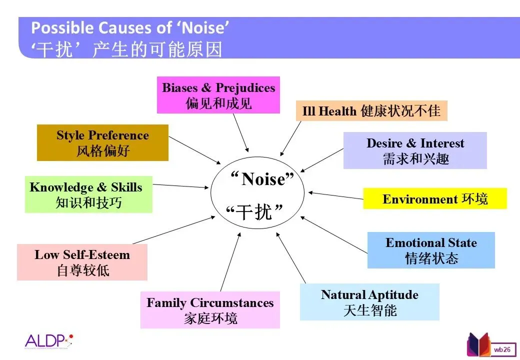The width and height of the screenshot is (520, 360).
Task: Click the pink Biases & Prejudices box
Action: [218, 95]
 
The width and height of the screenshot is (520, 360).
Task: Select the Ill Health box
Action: [371, 111]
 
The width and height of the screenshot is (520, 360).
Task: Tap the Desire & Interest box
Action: [415, 150]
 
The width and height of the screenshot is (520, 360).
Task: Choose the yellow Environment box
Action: [434, 198]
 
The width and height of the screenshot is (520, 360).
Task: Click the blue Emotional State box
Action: [431, 250]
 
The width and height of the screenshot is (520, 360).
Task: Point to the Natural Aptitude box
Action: [369, 302]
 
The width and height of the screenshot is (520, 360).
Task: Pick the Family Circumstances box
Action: [210, 310]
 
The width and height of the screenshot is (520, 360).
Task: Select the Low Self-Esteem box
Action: [82, 262]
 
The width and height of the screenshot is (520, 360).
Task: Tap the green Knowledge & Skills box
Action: [88, 195]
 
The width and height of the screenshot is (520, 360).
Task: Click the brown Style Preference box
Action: [102, 142]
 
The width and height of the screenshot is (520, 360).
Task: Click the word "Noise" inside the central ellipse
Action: [264, 179]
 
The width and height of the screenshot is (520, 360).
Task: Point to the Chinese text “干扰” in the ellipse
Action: [255, 212]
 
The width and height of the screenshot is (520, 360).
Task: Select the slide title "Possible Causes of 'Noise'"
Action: [130, 28]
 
